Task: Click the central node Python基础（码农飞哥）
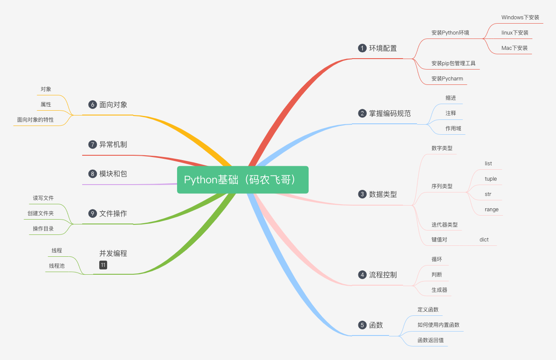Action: (243, 180)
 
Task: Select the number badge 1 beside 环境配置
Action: (362, 48)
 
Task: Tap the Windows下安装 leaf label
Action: (520, 17)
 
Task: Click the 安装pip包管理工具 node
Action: (453, 63)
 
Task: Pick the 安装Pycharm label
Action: (447, 79)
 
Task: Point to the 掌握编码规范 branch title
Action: (390, 113)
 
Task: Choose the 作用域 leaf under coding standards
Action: (453, 129)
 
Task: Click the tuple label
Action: (490, 179)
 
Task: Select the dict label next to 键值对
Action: (484, 240)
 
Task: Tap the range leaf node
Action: (491, 210)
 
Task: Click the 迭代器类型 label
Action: (444, 225)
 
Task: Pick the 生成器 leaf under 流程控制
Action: (439, 290)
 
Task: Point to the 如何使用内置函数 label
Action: (438, 325)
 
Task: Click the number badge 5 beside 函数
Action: (362, 325)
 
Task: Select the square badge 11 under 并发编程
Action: (103, 265)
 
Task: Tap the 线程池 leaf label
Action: (56, 266)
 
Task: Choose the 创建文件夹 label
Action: (41, 213)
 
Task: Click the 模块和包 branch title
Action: (113, 174)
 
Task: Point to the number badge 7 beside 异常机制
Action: (92, 144)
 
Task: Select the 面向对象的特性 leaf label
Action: (35, 119)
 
